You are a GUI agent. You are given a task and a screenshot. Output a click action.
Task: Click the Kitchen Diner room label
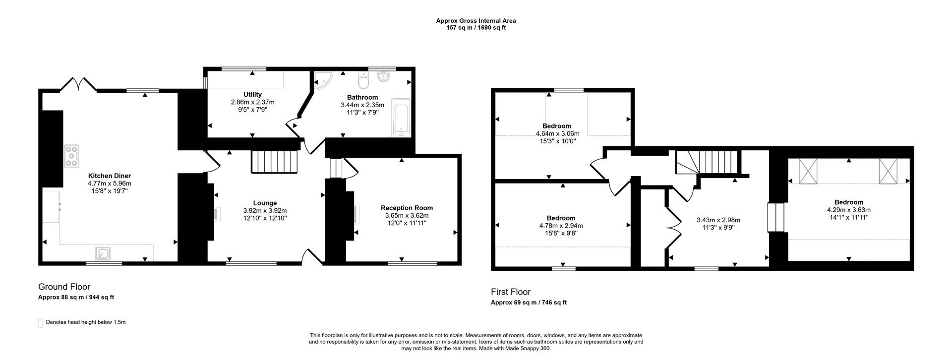(x=109, y=176)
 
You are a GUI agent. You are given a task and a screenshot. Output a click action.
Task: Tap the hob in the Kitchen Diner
(x=71, y=156)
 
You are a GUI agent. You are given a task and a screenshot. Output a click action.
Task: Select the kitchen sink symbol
(x=104, y=254)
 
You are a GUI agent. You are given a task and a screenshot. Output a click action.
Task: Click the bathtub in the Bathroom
(x=401, y=117)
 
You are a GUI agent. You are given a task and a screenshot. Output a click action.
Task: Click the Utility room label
(x=252, y=95)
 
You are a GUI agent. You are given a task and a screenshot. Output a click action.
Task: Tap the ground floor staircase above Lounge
(x=274, y=162)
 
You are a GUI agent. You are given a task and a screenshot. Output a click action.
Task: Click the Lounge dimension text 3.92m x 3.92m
(x=265, y=210)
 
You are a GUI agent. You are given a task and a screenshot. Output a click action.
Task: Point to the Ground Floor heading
(x=64, y=287)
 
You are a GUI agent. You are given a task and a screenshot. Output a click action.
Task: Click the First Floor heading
(x=511, y=292)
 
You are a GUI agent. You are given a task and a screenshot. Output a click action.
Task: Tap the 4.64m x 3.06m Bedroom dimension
(x=557, y=133)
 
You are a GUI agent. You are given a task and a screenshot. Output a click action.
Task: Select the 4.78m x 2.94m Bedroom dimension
(x=561, y=226)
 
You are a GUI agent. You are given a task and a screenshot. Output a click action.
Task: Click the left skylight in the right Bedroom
(x=808, y=171)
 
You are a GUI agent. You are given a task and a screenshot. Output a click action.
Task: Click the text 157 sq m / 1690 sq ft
(x=476, y=28)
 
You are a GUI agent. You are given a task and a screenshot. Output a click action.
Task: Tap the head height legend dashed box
(x=40, y=323)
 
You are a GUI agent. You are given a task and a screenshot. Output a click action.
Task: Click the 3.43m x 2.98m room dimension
(x=718, y=220)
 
